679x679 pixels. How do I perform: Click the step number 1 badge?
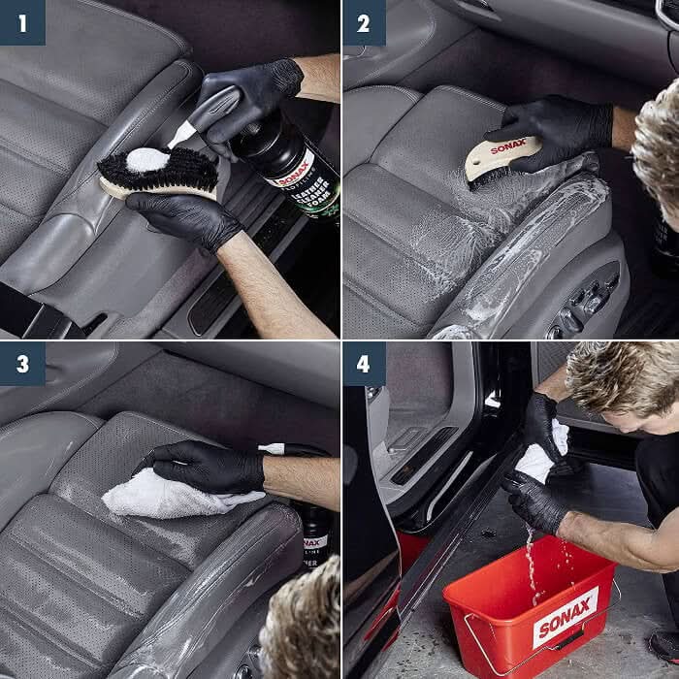(22, 22)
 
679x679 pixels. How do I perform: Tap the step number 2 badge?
(364, 22)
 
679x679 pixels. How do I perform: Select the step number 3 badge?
(22, 364)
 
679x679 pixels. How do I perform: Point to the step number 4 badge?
(364, 364)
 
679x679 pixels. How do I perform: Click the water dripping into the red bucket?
(532, 563)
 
